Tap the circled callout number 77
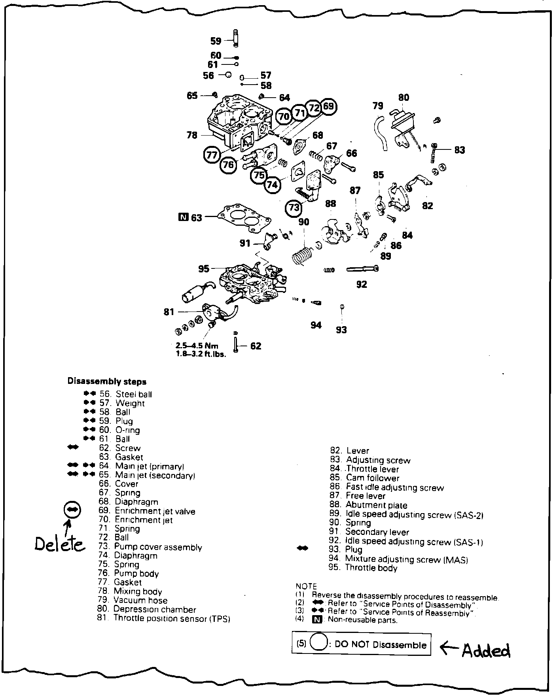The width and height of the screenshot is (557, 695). pyautogui.click(x=212, y=155)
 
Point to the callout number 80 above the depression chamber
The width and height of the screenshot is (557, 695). pyautogui.click(x=404, y=97)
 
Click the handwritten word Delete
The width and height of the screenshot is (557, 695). pyautogui.click(x=59, y=544)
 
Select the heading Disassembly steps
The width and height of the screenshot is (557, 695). pyautogui.click(x=107, y=381)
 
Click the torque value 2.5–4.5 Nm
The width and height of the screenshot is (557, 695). pyautogui.click(x=197, y=346)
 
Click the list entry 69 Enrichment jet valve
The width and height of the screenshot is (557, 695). pyautogui.click(x=147, y=511)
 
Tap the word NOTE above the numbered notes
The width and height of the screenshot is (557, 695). pyautogui.click(x=306, y=586)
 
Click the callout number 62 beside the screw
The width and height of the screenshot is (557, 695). pyautogui.click(x=256, y=346)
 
